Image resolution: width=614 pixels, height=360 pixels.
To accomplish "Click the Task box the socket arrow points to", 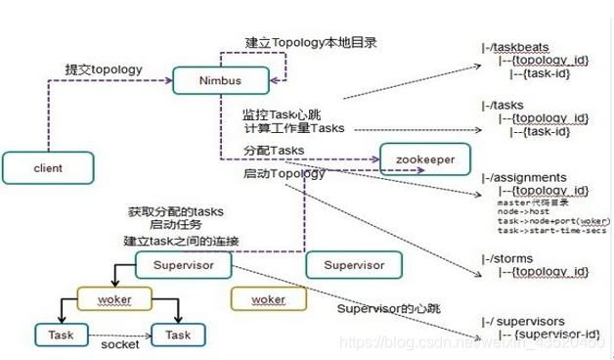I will click(178, 335).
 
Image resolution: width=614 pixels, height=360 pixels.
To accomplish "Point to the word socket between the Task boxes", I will click(120, 344).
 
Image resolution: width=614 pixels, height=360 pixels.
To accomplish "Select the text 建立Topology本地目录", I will click(311, 43).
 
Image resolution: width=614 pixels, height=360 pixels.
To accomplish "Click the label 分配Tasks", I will click(274, 151).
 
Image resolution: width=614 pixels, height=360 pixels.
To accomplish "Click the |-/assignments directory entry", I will click(523, 178).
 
